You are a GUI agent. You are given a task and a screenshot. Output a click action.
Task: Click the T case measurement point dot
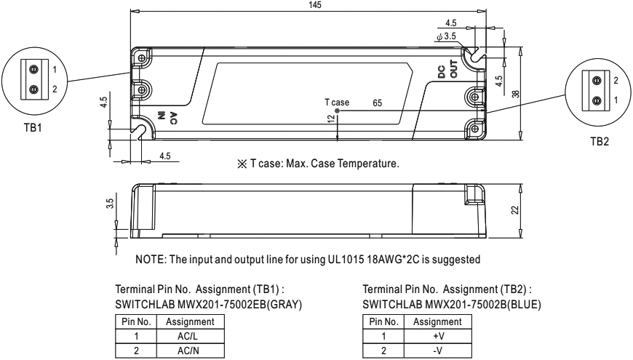337,111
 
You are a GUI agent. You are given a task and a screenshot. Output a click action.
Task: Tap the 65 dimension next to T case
377,104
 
